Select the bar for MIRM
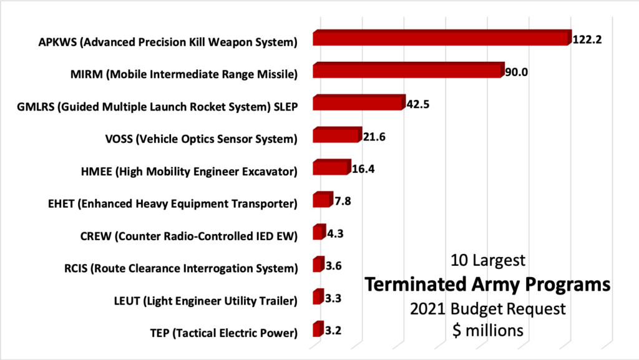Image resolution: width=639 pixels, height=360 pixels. pos(407,71)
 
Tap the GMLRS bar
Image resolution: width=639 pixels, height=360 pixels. pos(358,103)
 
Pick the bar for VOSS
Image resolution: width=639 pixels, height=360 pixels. pos(336,135)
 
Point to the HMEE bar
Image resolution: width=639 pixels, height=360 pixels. pos(331,168)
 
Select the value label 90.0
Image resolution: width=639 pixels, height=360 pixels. pos(517,72)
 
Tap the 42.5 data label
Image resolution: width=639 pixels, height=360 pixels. pos(418,104)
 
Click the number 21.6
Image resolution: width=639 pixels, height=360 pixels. pos(374,137)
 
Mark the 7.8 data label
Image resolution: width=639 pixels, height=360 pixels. pos(342,202)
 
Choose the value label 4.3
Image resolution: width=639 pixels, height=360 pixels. pos(335,234)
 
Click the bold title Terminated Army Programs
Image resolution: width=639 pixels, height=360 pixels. pos(487,285)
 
